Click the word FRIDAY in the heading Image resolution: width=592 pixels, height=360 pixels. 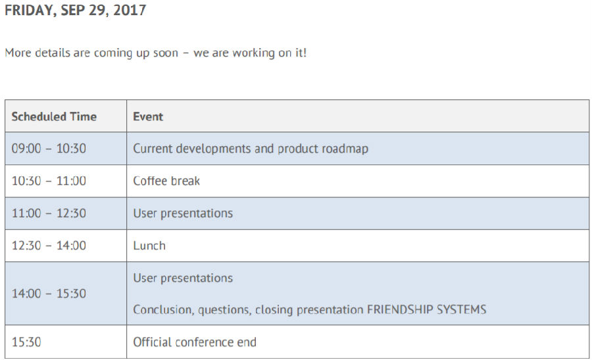pos(30,10)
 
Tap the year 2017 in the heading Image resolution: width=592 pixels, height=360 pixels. pos(130,10)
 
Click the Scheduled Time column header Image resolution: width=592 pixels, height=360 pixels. pos(54,116)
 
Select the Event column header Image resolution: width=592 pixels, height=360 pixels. pos(148,116)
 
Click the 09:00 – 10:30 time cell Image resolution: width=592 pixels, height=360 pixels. pos(49,149)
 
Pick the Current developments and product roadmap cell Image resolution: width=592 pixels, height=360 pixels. pos(251,149)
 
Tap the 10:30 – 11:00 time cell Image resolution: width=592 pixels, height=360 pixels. pos(49,181)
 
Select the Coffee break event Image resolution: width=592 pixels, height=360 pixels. pos(166,181)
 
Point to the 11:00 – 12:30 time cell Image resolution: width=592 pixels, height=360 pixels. pos(49,213)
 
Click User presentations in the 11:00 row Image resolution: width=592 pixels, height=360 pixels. pos(183,213)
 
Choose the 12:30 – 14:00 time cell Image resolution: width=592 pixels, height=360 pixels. pos(49,245)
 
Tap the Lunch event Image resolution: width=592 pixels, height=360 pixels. pos(149,245)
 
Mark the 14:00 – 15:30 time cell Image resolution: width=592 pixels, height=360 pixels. pos(49,294)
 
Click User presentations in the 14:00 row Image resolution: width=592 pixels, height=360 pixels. pos(183,278)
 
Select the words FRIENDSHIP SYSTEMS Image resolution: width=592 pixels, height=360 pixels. pos(427,310)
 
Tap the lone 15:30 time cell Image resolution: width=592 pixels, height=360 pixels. pos(26,342)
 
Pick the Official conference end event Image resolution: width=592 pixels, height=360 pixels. pos(195,342)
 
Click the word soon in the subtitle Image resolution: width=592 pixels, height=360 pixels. pos(165,53)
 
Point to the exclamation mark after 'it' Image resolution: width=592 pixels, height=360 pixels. pos(305,53)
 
